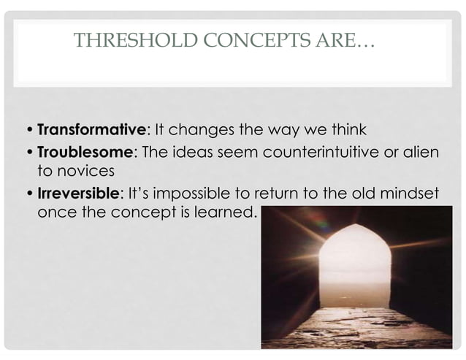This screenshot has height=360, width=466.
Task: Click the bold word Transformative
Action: (91, 131)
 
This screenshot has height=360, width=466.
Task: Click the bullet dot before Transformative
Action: (28, 131)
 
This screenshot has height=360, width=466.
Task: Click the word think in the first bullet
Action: (347, 131)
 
